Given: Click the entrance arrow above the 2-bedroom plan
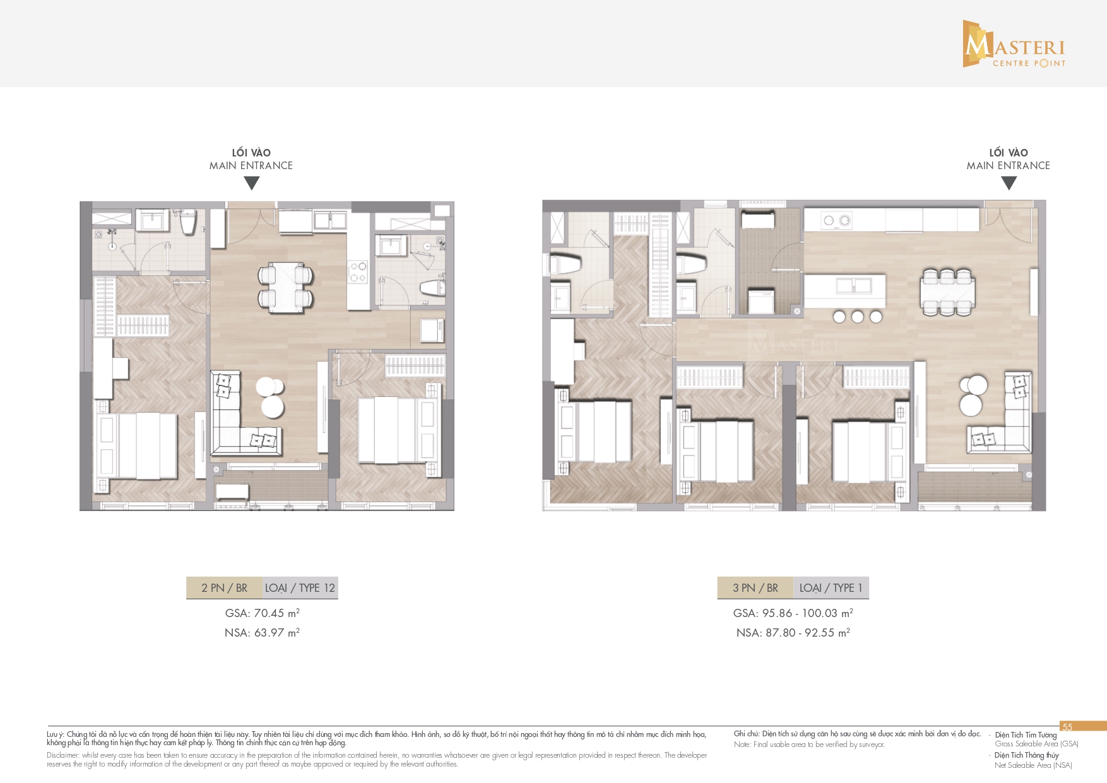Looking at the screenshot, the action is (252, 183).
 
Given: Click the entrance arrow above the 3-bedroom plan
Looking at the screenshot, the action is (1009, 183).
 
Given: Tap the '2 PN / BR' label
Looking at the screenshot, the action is (224, 588).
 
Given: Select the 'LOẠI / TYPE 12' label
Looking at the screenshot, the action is (300, 588).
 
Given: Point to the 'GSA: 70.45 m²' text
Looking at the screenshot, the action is (262, 613).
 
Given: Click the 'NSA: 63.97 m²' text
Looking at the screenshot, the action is (262, 633).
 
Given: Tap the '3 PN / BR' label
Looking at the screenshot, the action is (755, 588).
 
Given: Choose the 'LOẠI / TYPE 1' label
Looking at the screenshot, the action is (831, 588).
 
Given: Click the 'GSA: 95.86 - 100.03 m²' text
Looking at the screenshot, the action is (793, 613).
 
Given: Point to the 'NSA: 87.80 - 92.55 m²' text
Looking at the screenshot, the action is (793, 633).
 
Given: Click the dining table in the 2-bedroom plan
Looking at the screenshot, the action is (285, 287).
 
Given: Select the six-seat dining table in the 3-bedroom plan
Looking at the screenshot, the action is (946, 292).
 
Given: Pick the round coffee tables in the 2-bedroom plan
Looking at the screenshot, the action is (271, 397).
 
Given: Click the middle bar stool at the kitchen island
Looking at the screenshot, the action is (857, 317).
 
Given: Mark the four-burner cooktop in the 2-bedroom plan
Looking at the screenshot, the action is (358, 273).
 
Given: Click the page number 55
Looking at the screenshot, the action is (1067, 727).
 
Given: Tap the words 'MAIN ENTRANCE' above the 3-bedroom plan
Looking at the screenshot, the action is (1009, 166).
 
